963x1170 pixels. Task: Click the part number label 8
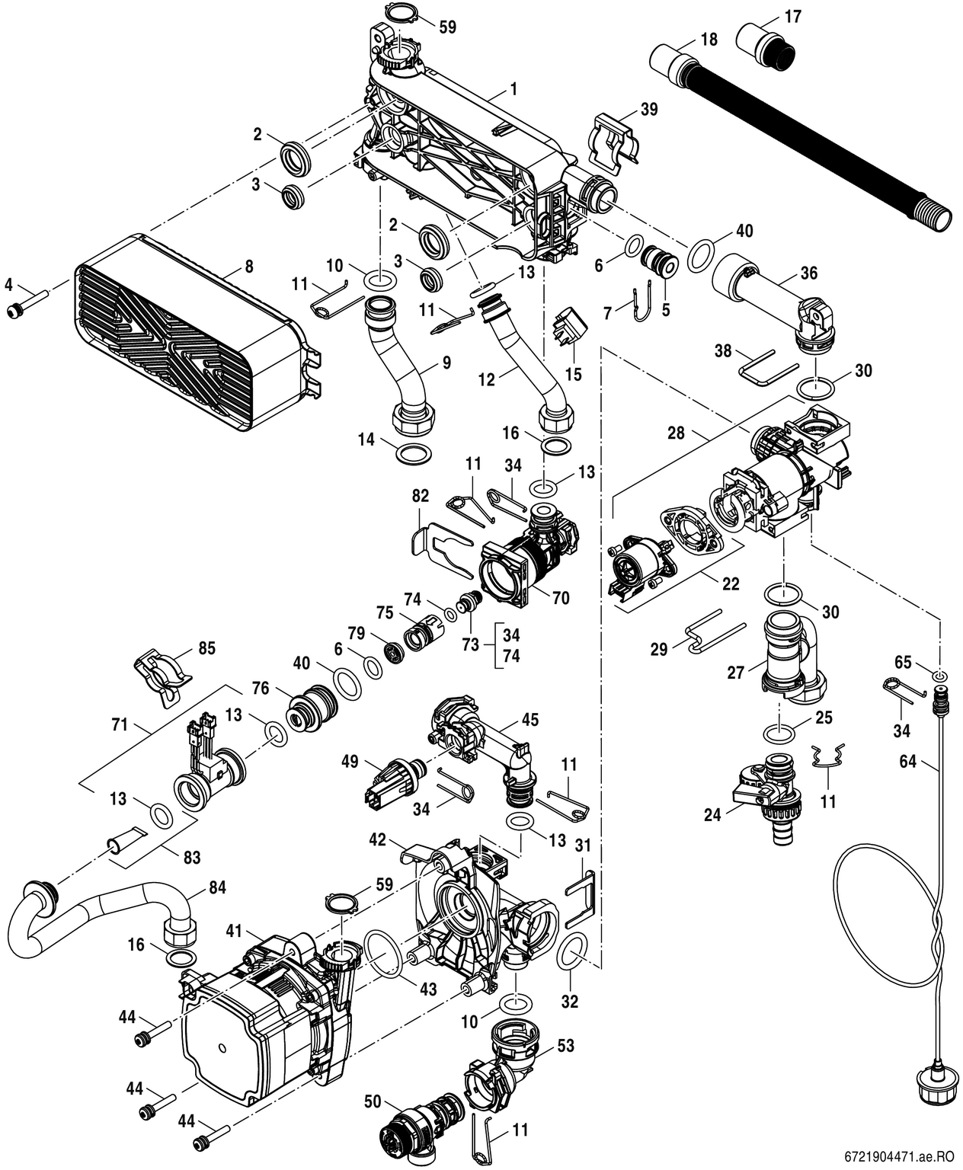click(249, 267)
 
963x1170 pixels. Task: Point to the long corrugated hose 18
click(800, 137)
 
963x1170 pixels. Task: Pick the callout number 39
click(648, 108)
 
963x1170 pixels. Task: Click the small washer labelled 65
click(941, 676)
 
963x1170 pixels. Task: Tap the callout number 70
click(561, 599)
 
